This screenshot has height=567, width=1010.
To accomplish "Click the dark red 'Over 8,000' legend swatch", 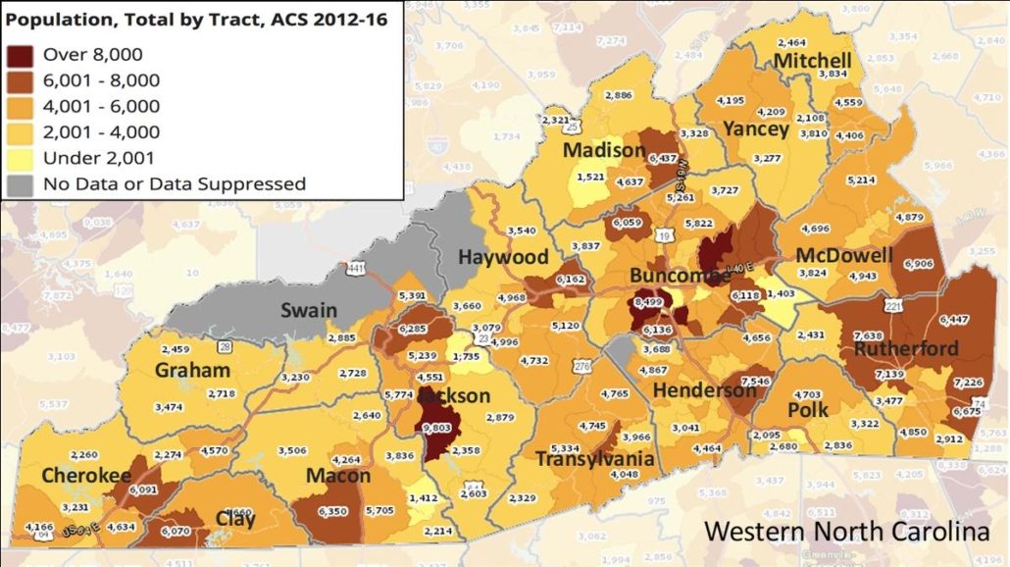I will (21, 55).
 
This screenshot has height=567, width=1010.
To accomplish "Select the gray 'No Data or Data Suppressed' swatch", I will (21, 183).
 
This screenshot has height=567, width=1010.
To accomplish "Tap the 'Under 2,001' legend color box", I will (21, 158).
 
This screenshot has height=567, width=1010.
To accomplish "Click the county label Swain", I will (309, 311).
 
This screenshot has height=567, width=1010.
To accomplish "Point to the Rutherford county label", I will (905, 348).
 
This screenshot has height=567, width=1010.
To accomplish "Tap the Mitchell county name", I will (812, 61).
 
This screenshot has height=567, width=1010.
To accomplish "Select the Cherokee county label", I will (86, 476).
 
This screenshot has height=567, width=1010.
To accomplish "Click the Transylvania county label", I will (595, 459).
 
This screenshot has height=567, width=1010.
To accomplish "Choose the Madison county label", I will (604, 151).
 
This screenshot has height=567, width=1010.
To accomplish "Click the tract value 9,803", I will (438, 429).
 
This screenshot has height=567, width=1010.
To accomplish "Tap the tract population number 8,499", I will (650, 304).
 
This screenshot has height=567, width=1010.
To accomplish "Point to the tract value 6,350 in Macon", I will (333, 511).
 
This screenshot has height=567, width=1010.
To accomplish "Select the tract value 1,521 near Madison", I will (591, 177).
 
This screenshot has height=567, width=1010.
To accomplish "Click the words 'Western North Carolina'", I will (847, 531).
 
